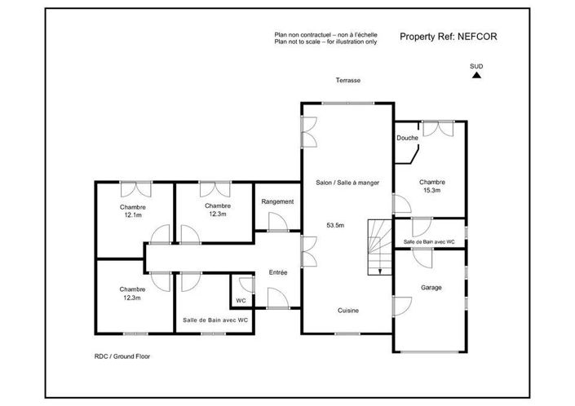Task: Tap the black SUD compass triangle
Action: tap(477, 75)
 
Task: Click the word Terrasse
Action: tap(347, 81)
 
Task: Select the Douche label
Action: tap(407, 138)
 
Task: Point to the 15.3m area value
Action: tap(431, 190)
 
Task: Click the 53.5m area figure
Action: tap(336, 224)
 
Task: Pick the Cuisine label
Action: tap(349, 311)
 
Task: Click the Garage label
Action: tap(431, 288)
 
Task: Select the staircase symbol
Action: tap(376, 248)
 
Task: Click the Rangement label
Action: tap(277, 201)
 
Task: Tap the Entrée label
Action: tap(279, 272)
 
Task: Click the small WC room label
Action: tap(241, 300)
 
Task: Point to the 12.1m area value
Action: tap(133, 216)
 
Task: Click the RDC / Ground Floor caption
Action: tap(122, 356)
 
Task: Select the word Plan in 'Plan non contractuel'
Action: tap(281, 35)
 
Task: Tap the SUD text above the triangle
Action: tap(476, 65)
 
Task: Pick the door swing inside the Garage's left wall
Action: tap(401, 308)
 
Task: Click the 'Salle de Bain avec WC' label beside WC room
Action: tap(215, 320)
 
